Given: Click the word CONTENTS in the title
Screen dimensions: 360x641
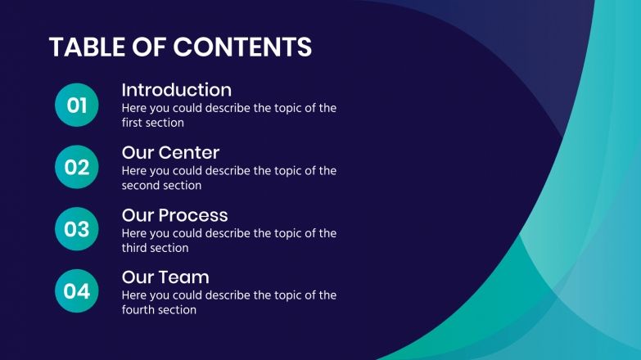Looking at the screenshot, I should click(x=242, y=47).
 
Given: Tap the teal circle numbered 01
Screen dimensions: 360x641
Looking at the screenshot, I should click(x=76, y=106).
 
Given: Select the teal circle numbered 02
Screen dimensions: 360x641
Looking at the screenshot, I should click(x=76, y=168).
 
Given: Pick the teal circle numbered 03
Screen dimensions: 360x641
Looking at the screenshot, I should click(x=76, y=229).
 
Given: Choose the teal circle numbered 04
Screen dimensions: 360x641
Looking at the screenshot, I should click(x=76, y=291).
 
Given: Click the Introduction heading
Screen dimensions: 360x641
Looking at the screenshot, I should click(x=176, y=90).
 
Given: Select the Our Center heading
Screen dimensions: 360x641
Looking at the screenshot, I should click(x=170, y=152).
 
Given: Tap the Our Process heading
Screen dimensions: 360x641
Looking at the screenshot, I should click(x=174, y=215).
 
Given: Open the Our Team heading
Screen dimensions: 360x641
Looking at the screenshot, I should click(x=165, y=277).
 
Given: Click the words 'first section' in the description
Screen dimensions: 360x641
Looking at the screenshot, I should click(x=152, y=124).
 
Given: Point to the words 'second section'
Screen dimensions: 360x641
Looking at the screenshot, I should click(x=161, y=186).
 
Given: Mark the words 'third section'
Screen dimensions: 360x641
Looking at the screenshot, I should click(x=155, y=248).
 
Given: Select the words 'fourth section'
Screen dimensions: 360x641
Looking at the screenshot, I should click(x=159, y=310).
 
